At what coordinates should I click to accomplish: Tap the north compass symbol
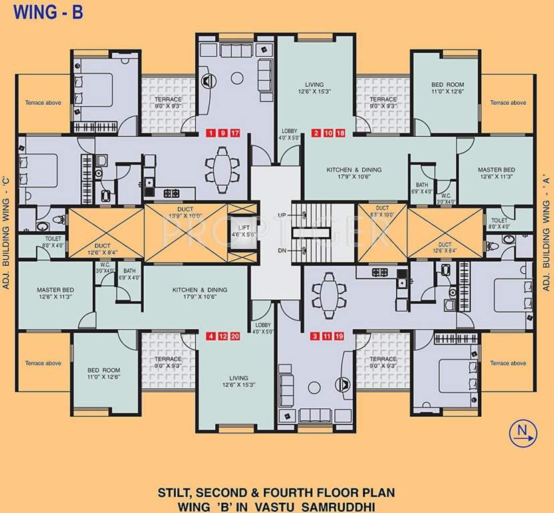522,434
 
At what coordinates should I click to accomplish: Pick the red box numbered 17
235,132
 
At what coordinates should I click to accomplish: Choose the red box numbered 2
316,132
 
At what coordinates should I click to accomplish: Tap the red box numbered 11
328,336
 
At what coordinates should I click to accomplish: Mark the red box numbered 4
212,336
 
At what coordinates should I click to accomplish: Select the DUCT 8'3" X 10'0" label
382,212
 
